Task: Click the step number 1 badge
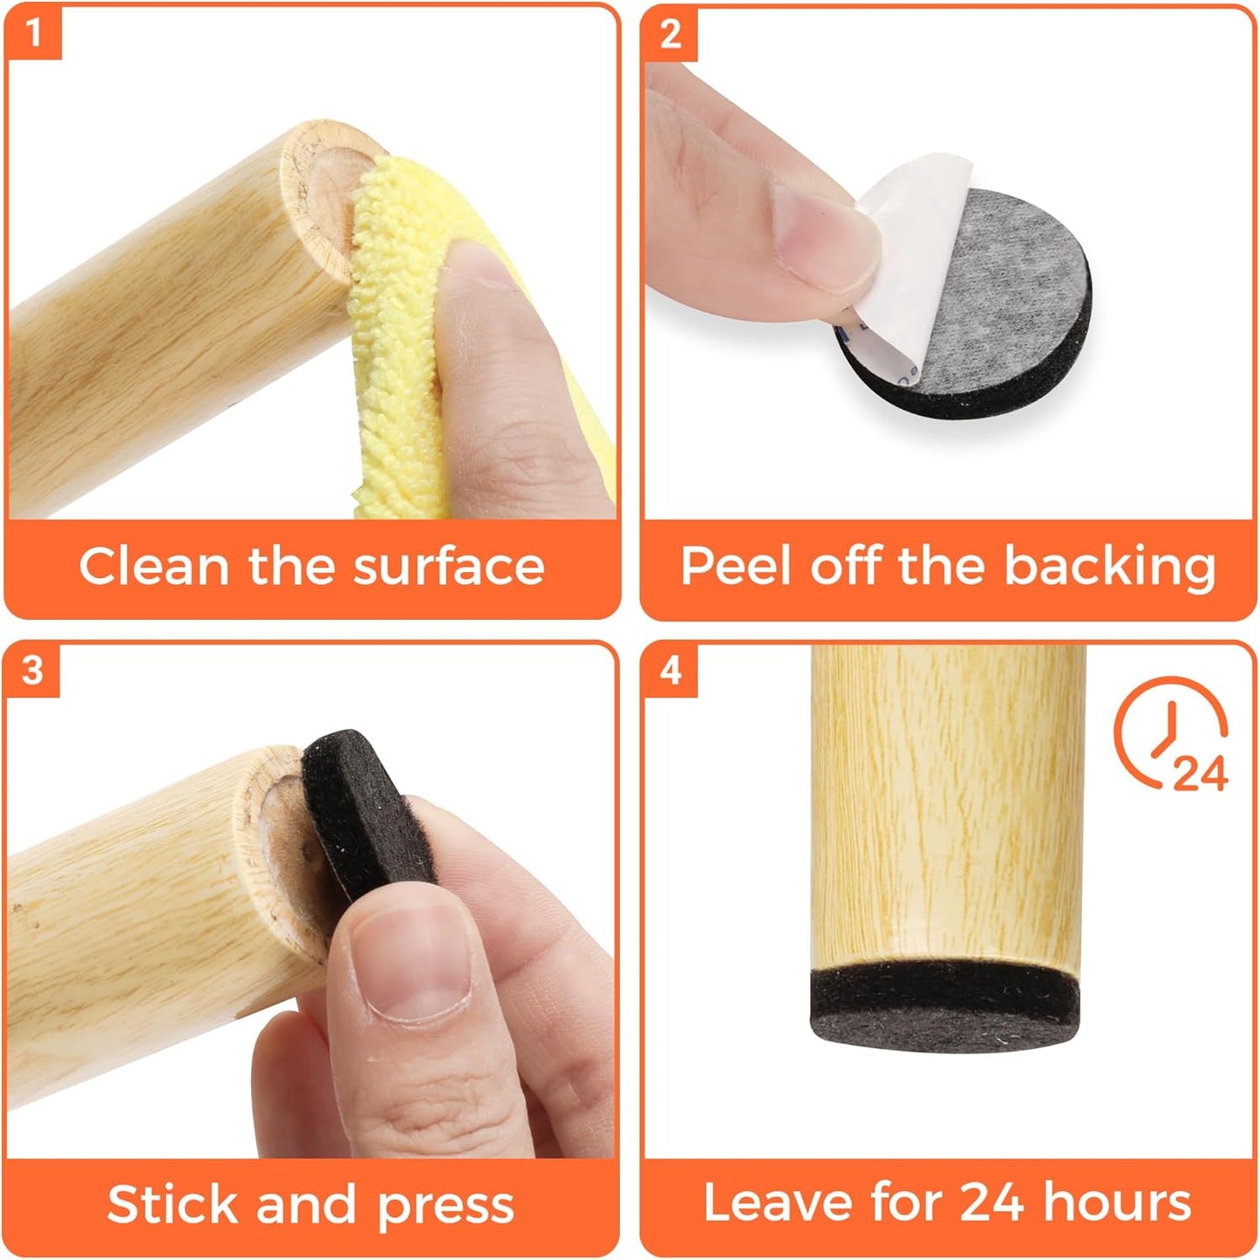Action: pos(33,33)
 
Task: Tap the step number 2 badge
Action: pos(670,33)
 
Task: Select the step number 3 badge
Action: pos(32,671)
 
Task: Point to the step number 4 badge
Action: pos(670,671)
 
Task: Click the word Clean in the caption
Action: pos(153,566)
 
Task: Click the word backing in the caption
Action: pos(1109,568)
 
